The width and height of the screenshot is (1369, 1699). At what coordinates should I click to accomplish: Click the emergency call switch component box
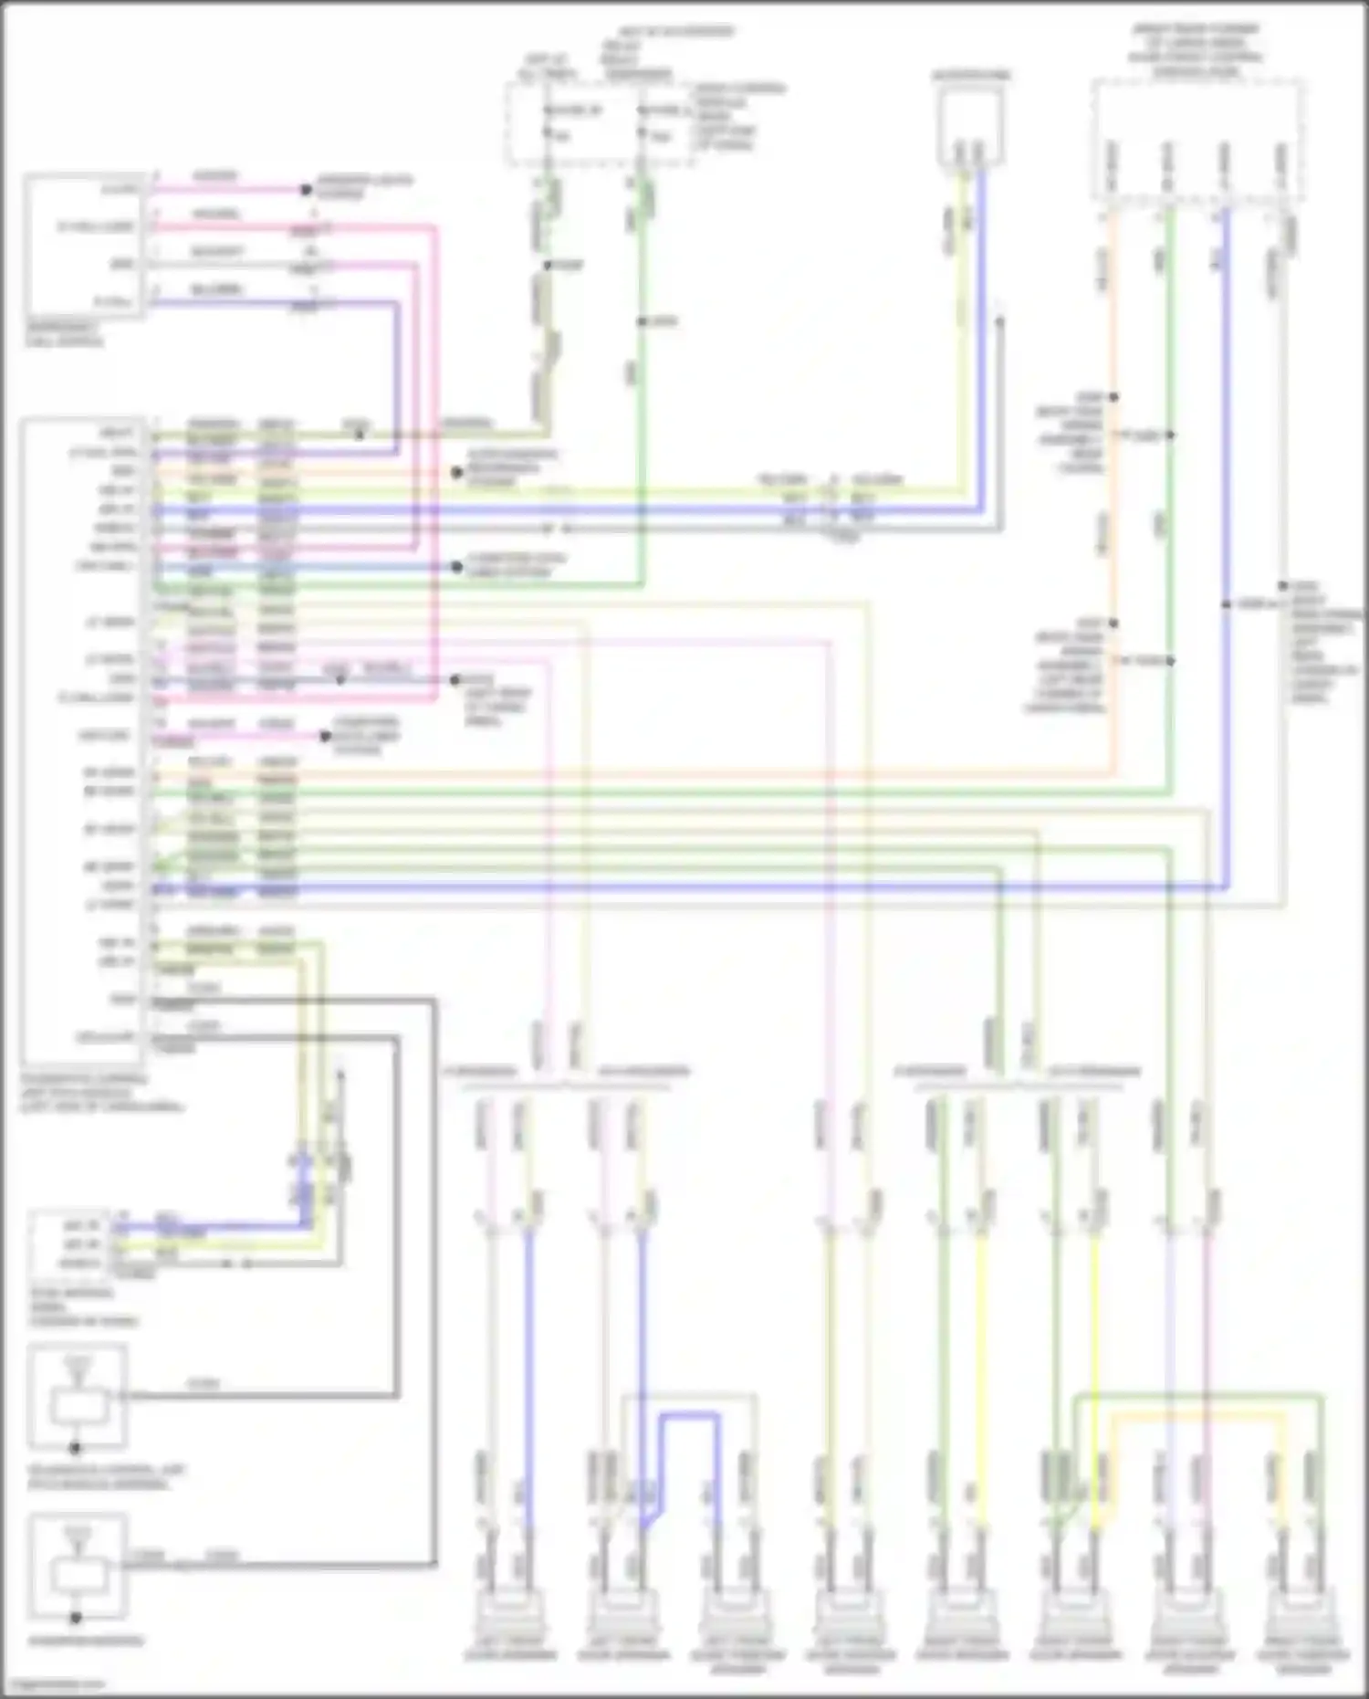pos(84,245)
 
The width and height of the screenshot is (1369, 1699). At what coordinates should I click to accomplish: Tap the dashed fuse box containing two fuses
pos(599,124)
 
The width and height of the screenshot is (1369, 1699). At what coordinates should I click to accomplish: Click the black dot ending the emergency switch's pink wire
pos(307,191)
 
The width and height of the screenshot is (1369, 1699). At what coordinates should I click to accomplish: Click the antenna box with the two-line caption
pos(77,1397)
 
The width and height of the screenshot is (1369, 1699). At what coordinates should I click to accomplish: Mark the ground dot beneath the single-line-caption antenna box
pos(77,1618)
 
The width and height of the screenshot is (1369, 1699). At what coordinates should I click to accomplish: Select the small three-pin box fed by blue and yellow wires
pos(69,1243)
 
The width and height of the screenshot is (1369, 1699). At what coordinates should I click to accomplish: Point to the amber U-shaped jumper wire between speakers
pos(1196,1418)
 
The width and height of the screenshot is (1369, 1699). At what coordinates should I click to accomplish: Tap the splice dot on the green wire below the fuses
pos(643,321)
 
